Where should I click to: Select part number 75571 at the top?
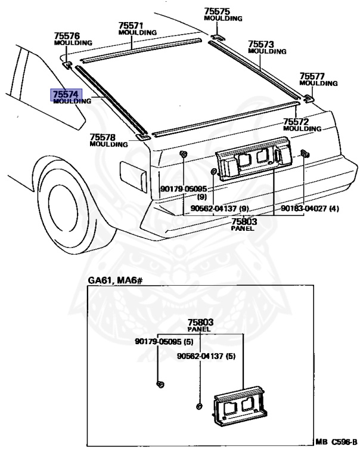tap(131, 26)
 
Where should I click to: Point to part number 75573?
tap(260, 44)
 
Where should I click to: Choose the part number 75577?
tap(312, 76)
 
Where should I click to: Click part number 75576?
tap(66, 36)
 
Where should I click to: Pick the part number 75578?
tap(102, 137)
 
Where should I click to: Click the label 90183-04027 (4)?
tap(310, 209)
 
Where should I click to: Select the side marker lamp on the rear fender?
tap(134, 174)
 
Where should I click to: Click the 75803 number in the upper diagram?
tap(244, 221)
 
